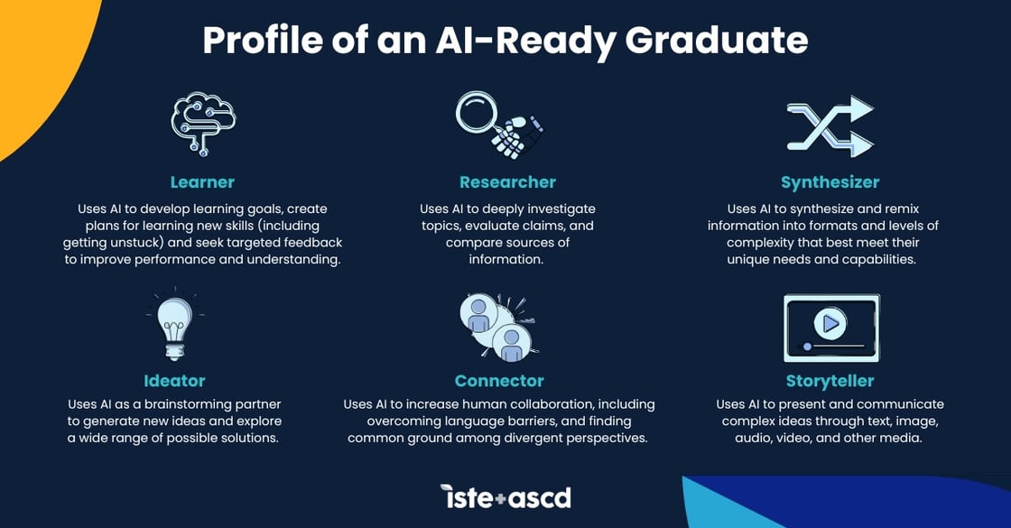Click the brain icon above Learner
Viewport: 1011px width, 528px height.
coord(202,123)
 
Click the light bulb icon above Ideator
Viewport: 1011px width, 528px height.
coord(174,326)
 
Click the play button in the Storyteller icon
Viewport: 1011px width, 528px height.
coord(830,321)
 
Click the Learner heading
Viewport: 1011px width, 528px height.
coord(202,182)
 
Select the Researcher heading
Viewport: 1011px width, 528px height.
coord(507,182)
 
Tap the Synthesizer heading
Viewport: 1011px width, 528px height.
coord(830,182)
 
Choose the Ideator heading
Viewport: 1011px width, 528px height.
coord(174,381)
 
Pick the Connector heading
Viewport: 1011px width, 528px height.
coord(499,381)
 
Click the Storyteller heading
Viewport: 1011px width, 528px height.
coord(830,381)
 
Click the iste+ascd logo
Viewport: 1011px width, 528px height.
coord(505,496)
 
